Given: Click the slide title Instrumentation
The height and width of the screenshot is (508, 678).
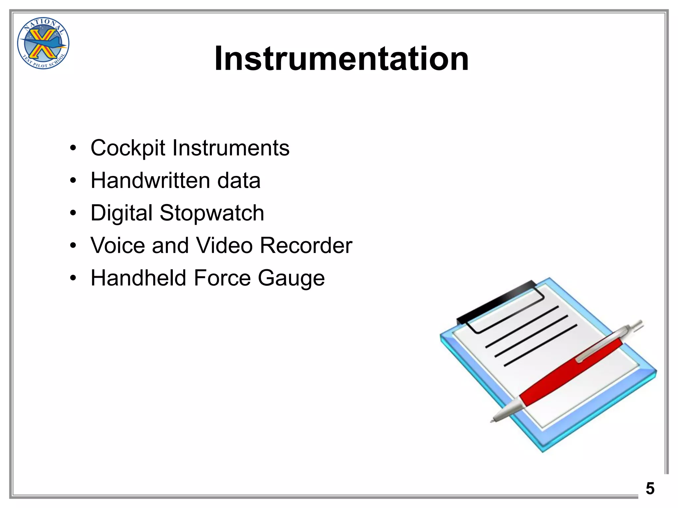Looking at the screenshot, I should (341, 59).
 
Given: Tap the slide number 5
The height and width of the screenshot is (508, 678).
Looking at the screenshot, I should (650, 488).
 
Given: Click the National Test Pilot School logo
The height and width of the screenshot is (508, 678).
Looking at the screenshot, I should (43, 43).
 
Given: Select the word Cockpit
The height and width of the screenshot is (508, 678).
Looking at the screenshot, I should (127, 148).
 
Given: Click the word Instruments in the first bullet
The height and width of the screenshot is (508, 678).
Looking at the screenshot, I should (231, 148).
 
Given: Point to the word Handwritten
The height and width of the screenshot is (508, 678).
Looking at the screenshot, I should (150, 181).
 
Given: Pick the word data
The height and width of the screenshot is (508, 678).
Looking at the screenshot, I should (239, 181).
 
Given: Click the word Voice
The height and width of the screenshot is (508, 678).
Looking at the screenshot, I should (118, 245).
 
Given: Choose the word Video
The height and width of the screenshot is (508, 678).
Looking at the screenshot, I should (224, 245).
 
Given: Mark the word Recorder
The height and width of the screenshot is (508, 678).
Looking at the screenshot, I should (306, 245).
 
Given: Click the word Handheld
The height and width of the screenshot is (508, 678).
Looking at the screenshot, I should (138, 278).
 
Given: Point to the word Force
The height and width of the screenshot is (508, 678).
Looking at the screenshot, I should (222, 278).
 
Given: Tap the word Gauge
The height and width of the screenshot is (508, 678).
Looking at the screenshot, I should (291, 278).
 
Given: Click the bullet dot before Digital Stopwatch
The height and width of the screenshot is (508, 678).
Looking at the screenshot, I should (73, 213).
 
